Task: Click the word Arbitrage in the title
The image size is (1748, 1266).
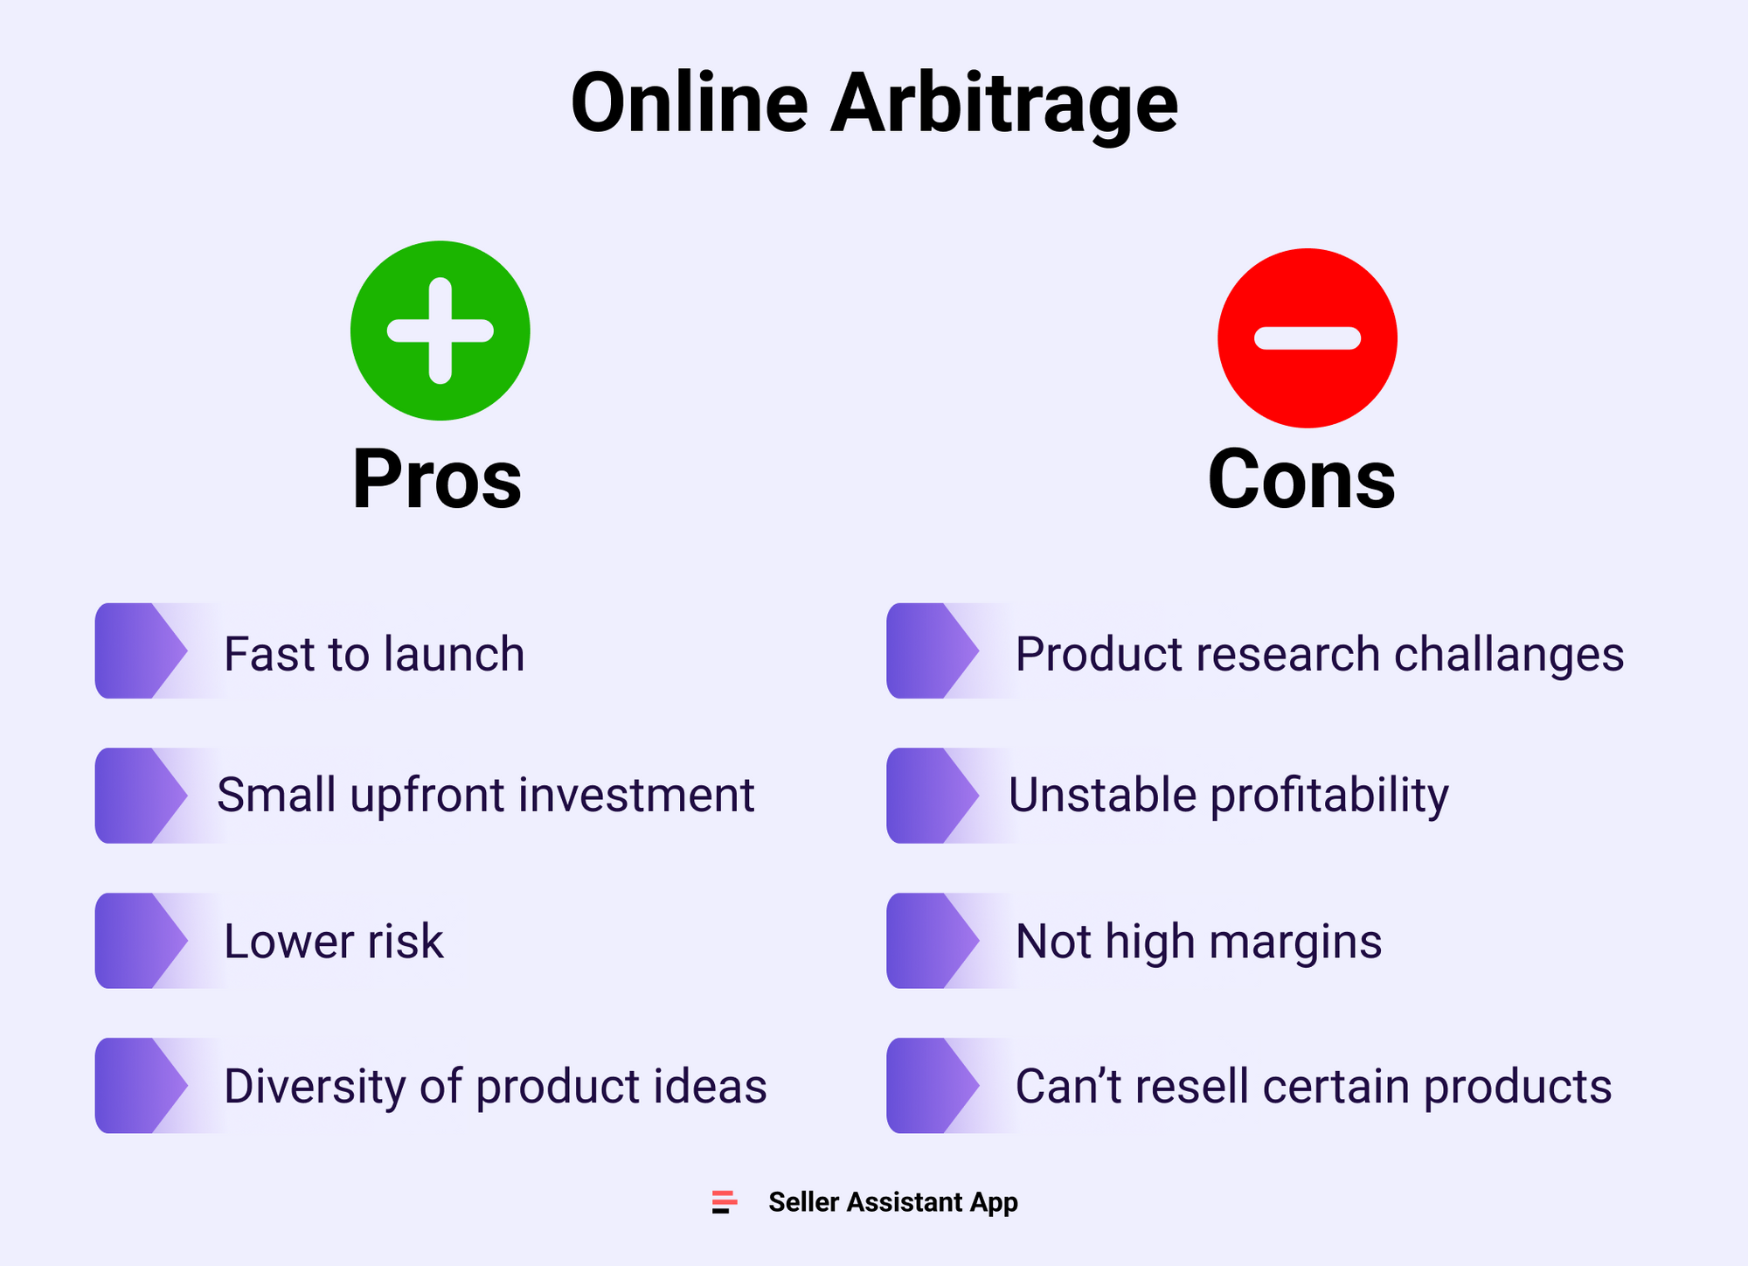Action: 1004,105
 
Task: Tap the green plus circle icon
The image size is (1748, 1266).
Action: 440,330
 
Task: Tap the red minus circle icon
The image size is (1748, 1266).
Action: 1308,338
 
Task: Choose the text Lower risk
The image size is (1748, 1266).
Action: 334,941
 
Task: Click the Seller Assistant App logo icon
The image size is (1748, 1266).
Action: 725,1202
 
